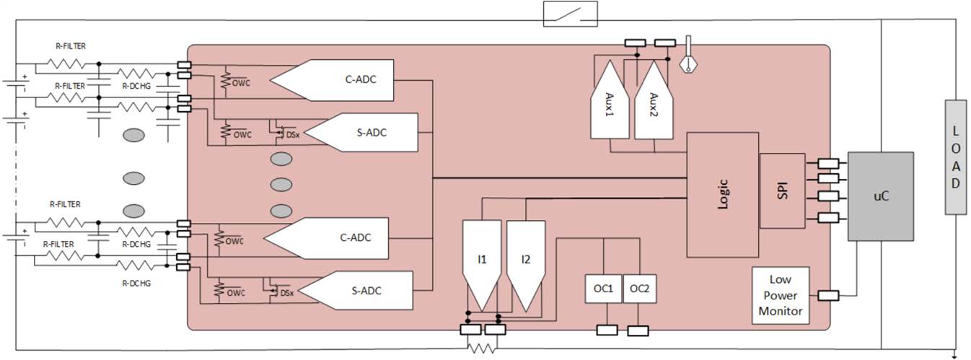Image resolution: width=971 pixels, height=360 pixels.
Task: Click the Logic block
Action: coord(722,194)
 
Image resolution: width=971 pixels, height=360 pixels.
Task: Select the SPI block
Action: coord(782,190)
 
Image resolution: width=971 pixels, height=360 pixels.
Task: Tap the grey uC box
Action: coord(880,196)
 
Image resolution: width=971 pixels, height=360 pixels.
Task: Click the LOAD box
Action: coord(955,157)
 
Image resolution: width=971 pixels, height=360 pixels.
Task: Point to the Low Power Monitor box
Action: coord(780,295)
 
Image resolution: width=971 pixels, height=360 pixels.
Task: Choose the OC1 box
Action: coord(603,289)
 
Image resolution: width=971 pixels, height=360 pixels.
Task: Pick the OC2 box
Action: coord(639,289)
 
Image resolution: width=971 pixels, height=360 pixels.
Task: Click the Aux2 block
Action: coord(653,101)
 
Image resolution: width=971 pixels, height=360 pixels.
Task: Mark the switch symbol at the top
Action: coord(570,14)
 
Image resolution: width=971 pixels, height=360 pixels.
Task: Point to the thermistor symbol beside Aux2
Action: coord(689,58)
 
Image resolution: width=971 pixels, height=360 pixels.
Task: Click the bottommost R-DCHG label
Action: coord(136,284)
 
